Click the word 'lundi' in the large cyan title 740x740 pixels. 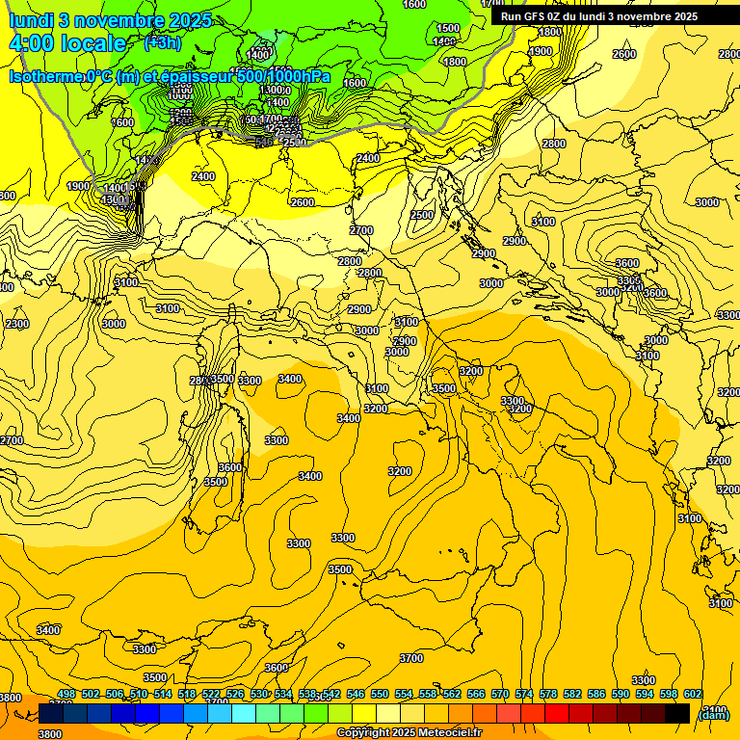pyautogui.click(x=31, y=20)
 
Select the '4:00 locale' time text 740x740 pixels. pyautogui.click(x=67, y=43)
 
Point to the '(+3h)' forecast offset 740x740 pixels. pyautogui.click(x=162, y=42)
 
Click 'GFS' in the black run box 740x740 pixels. pyautogui.click(x=536, y=16)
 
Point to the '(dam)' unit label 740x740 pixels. pyautogui.click(x=713, y=714)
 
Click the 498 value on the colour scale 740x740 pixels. pyautogui.click(x=66, y=694)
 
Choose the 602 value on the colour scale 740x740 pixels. pyautogui.click(x=693, y=694)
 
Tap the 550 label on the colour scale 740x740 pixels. pyautogui.click(x=380, y=694)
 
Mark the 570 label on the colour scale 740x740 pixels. pyautogui.click(x=500, y=694)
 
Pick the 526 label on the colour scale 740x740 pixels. pyautogui.click(x=235, y=694)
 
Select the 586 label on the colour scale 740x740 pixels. pyautogui.click(x=596, y=694)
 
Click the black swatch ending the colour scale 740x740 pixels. pyautogui.click(x=677, y=714)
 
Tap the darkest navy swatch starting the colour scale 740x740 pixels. pyautogui.click(x=51, y=714)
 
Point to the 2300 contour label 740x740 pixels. pyautogui.click(x=17, y=324)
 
